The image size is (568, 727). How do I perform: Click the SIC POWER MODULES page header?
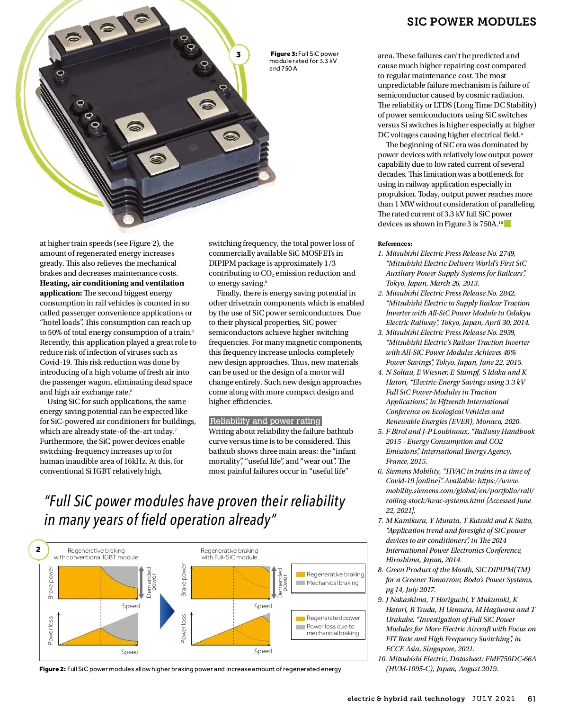(x=471, y=22)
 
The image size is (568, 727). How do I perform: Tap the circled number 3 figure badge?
(x=239, y=55)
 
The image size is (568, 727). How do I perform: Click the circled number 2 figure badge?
(x=38, y=549)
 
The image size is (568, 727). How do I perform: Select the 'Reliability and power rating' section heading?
(x=265, y=421)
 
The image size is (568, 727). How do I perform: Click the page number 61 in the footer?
(x=532, y=699)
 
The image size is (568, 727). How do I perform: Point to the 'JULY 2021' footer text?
(x=494, y=699)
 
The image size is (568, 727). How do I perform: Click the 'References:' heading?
(x=395, y=243)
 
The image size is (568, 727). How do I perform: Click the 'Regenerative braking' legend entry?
(x=335, y=574)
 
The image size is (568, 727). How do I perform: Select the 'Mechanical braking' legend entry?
(x=332, y=583)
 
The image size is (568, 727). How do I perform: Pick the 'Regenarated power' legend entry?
(x=333, y=618)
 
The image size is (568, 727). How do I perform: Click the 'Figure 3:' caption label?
(x=284, y=54)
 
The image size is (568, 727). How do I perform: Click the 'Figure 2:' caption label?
(x=53, y=669)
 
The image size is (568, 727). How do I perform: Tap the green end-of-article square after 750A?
(x=508, y=224)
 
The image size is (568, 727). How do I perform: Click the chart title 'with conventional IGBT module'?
(x=96, y=557)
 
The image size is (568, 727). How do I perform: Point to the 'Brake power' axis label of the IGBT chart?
(x=51, y=583)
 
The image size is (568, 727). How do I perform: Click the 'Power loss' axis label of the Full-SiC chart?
(x=184, y=628)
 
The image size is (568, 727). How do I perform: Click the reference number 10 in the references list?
(x=382, y=659)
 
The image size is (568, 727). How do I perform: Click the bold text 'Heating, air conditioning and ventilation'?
(x=112, y=283)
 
